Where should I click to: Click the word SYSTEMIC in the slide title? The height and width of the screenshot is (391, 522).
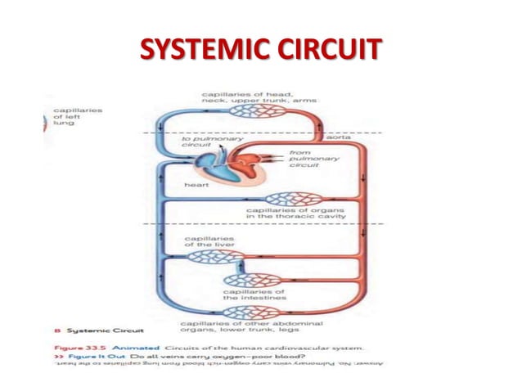(195, 50)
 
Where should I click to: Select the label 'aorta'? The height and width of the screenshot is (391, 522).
(339, 137)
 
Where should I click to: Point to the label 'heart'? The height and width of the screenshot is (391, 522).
(197, 186)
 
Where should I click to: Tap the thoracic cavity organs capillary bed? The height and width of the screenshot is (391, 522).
(289, 198)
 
